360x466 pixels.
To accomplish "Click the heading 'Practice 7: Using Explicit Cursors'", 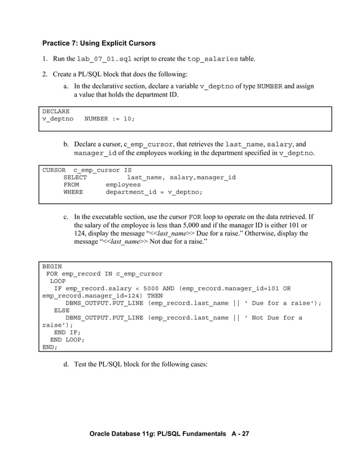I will coord(99,43).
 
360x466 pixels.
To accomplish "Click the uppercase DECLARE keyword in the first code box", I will coord(56,112).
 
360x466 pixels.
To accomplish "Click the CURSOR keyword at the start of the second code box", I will coord(54,170).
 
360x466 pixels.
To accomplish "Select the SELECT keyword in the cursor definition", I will coord(75,177).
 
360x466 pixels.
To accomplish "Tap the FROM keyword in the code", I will coord(71,184).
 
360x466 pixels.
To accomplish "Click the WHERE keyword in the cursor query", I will coord(73,192).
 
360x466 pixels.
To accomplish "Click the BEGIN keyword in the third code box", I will coord(52,266).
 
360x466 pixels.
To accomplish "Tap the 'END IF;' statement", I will coord(67,332).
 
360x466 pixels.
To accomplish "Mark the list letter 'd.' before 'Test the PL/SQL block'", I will coord(66,364).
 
